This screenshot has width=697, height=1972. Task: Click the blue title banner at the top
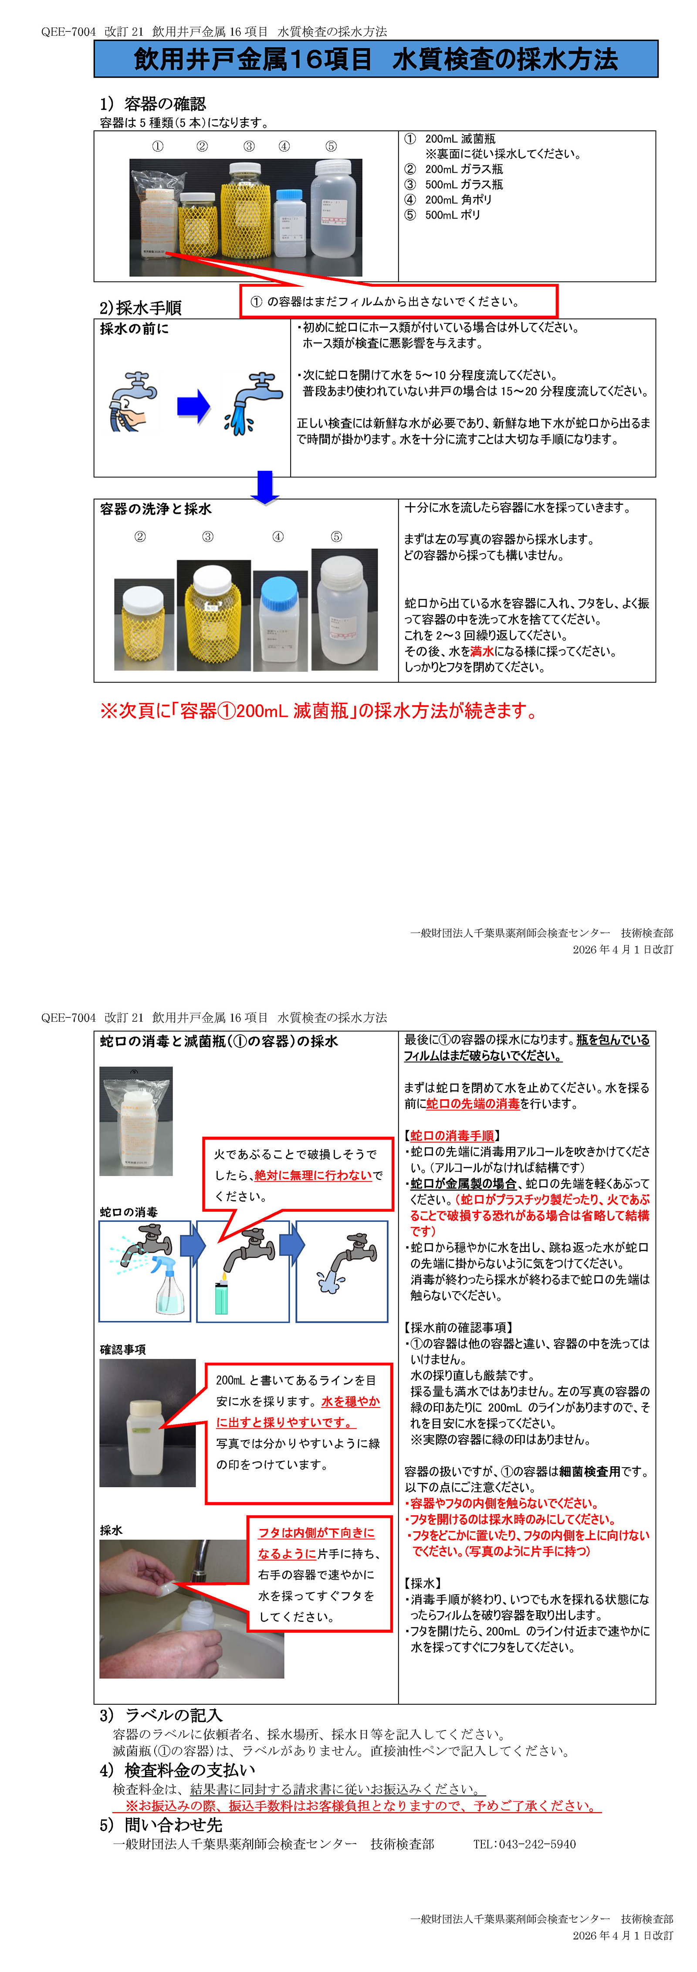pyautogui.click(x=376, y=59)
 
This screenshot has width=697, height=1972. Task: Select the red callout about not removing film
pyautogui.click(x=399, y=301)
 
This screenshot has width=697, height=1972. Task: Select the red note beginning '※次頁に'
pyautogui.click(x=318, y=711)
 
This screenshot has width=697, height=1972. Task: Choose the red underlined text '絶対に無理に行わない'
pyautogui.click(x=314, y=1175)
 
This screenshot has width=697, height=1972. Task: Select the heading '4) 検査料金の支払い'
pyautogui.click(x=177, y=1770)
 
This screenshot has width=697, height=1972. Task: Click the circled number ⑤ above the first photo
pyautogui.click(x=331, y=146)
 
